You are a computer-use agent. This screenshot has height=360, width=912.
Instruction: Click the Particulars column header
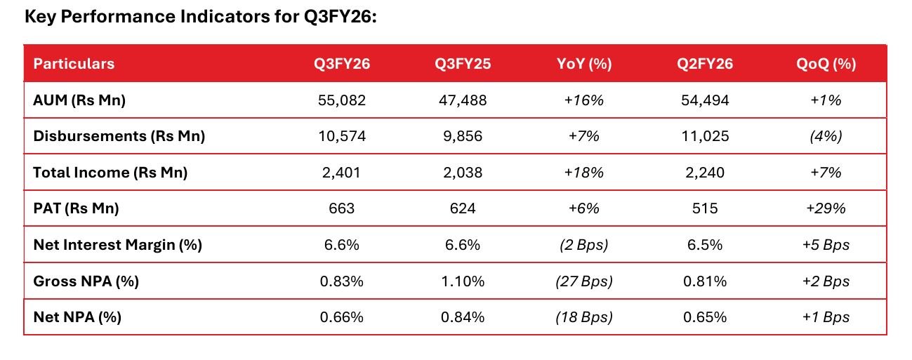click(74, 64)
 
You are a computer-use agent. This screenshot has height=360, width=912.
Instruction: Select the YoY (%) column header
click(583, 64)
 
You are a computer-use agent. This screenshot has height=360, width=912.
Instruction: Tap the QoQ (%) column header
click(826, 64)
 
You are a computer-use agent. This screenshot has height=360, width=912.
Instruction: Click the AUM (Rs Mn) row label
click(79, 100)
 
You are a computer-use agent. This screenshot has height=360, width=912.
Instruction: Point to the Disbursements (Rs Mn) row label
click(119, 136)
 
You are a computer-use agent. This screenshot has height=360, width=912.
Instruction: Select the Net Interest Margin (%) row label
click(117, 245)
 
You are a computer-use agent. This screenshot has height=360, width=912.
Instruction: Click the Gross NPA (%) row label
click(86, 281)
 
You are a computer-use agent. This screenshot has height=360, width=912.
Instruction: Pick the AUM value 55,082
click(342, 100)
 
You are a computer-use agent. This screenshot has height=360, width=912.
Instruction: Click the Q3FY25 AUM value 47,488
click(462, 100)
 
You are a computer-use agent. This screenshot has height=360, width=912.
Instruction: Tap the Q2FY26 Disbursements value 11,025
click(704, 136)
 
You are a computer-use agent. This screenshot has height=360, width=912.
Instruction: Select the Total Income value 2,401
click(342, 173)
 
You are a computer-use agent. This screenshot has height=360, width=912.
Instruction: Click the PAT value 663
click(342, 208)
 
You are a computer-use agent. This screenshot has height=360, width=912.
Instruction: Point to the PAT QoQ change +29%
click(826, 208)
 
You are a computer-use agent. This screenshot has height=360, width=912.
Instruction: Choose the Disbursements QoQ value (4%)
click(826, 136)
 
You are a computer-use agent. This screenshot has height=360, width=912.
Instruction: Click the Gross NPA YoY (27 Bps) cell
click(583, 281)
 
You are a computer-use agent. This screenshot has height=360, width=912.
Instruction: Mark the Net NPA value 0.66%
click(342, 317)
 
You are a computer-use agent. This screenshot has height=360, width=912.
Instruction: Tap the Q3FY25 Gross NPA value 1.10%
click(462, 281)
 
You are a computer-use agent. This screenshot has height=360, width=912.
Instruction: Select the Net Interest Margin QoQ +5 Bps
click(826, 245)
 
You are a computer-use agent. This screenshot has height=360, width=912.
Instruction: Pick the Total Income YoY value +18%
click(583, 173)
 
